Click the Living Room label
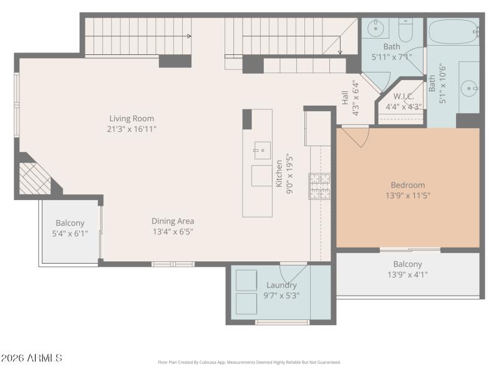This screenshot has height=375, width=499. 132,118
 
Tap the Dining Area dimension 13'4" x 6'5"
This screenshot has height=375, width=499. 173,231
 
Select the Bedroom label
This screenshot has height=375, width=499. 407,185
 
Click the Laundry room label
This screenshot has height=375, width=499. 281,285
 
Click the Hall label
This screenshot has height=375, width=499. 344,97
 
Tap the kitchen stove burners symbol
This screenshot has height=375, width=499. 319,186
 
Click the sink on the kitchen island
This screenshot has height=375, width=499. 262,150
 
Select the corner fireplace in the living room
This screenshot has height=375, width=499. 35,179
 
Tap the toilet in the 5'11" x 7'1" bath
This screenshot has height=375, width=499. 406,29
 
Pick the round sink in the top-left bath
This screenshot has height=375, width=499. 376,28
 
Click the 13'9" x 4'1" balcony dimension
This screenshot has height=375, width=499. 407,274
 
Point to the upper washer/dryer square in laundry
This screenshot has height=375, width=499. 246,281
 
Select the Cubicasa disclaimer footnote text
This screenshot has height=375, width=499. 249,362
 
